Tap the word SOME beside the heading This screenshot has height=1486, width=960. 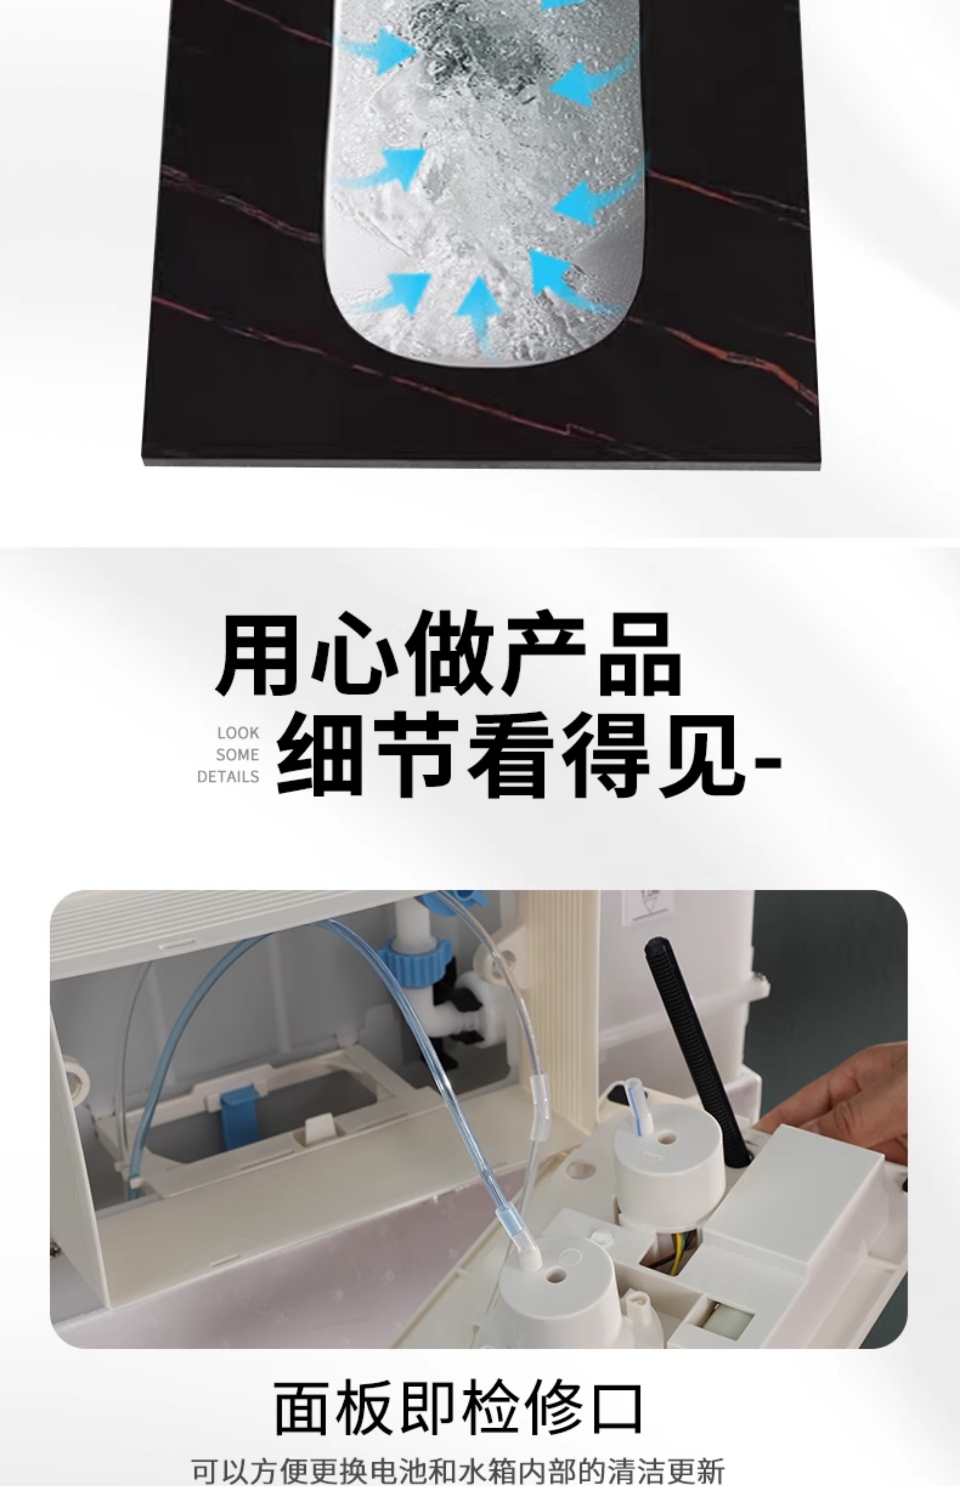point(238,755)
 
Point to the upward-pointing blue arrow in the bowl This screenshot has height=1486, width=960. point(479,312)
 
